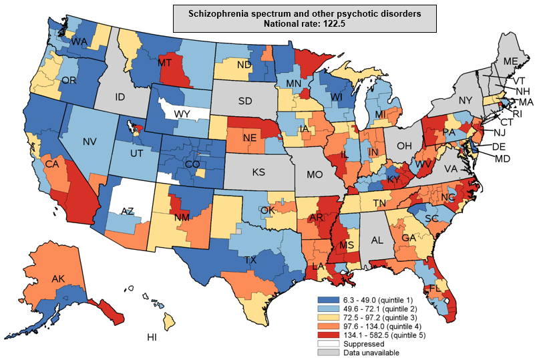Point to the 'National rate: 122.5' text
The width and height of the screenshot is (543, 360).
coord(304,23)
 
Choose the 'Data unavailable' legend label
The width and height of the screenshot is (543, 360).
coord(372,353)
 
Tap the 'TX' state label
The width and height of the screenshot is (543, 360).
coord(251,260)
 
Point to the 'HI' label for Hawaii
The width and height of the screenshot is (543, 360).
coord(152,337)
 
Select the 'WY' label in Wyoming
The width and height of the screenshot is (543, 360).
coord(182,114)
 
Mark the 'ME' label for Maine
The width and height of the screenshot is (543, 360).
coord(511,61)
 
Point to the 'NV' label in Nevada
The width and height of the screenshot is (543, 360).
coord(92,142)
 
